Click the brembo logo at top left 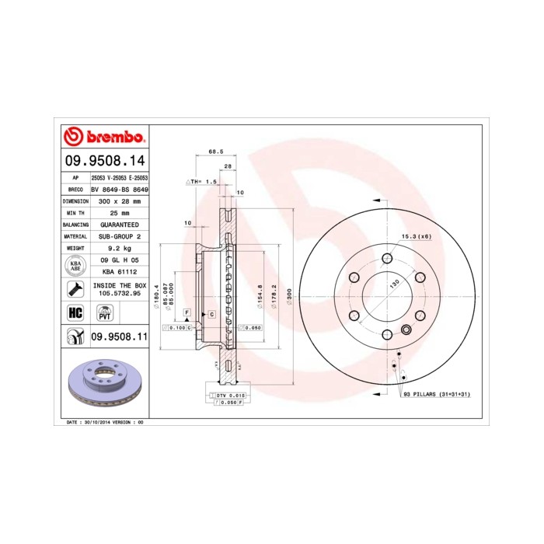pyautogui.click(x=103, y=138)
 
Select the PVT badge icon pyautogui.click(x=103, y=313)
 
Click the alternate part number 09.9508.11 pyautogui.click(x=119, y=337)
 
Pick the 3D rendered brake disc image pyautogui.click(x=104, y=385)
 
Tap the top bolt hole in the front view pyautogui.click(x=387, y=259)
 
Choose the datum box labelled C pyautogui.click(x=211, y=313)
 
